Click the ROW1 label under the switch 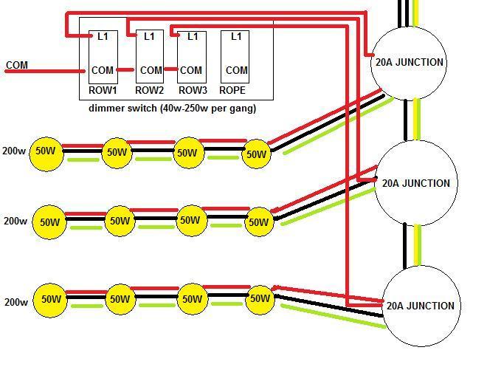(x=103, y=91)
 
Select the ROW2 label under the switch (x=149, y=91)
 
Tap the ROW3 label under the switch (x=193, y=91)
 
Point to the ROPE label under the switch (x=232, y=91)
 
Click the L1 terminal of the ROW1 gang (x=103, y=35)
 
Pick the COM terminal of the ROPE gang (x=236, y=70)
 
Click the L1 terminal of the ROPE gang (x=236, y=35)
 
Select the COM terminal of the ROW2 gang (x=151, y=70)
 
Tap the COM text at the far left (x=17, y=65)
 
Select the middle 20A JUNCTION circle (x=415, y=183)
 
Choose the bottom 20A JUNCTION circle (x=420, y=306)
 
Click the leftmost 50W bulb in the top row (x=45, y=151)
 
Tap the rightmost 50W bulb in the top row (x=256, y=154)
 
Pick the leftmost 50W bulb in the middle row (x=49, y=222)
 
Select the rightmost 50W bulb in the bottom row (x=260, y=298)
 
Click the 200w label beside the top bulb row (x=13, y=151)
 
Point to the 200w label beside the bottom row (x=15, y=302)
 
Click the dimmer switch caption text (x=173, y=108)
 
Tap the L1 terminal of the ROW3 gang (x=192, y=35)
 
